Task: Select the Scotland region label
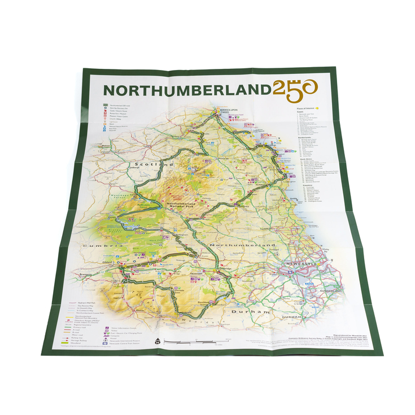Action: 160,164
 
